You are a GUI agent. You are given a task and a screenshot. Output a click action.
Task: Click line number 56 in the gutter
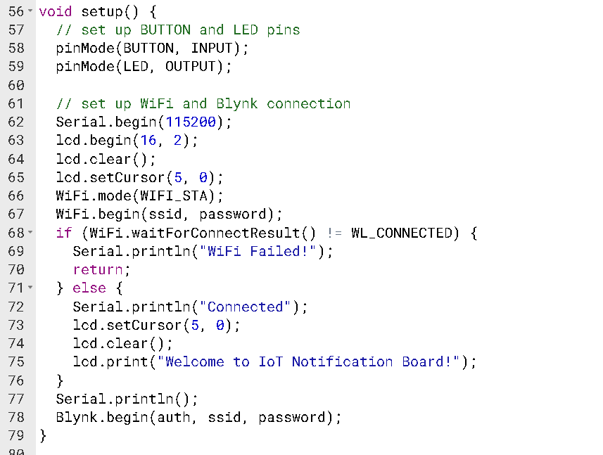tap(15, 12)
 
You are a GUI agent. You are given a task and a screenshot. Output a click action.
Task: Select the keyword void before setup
tap(56, 12)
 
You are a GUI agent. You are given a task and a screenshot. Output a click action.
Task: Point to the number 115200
tap(191, 122)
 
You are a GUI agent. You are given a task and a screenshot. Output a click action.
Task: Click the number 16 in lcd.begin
tap(157, 140)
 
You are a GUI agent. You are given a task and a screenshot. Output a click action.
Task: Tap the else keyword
tap(89, 288)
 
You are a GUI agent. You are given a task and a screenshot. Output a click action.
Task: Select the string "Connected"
tap(246, 307)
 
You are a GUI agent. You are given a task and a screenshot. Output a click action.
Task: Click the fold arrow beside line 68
tap(30, 233)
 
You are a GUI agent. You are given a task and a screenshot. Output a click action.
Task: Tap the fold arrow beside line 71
tap(30, 288)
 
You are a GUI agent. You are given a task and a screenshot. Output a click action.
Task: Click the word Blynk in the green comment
tap(237, 103)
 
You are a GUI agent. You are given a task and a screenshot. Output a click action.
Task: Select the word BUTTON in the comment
tap(165, 30)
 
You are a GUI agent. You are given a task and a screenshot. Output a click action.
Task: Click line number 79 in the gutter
tap(15, 435)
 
